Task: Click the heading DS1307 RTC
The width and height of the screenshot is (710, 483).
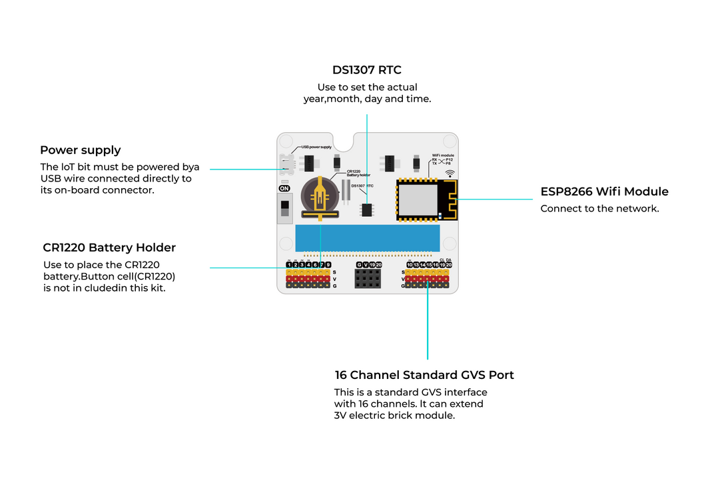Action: tap(366, 70)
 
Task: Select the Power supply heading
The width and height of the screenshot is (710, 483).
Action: tap(80, 150)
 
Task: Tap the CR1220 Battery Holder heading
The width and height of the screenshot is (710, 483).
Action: tap(109, 248)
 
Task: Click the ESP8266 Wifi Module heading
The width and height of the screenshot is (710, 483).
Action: tap(604, 192)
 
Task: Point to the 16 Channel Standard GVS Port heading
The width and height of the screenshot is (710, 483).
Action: tap(424, 375)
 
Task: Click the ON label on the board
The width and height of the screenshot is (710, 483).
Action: tap(284, 189)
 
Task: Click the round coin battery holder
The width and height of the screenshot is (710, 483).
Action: tap(320, 195)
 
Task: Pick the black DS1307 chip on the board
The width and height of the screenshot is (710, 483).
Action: tap(366, 209)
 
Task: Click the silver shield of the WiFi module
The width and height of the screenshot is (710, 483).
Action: tap(418, 199)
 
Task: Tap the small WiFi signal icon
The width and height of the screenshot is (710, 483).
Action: tap(450, 173)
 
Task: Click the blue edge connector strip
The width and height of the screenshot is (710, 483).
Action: tap(367, 238)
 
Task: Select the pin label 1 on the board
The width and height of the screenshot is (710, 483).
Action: tap(289, 265)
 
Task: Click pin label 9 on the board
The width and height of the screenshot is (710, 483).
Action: tap(328, 265)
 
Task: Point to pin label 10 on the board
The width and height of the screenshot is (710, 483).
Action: tap(410, 265)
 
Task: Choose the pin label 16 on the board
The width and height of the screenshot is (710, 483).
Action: tap(436, 265)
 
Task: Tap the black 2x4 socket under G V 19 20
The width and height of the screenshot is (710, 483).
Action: tap(368, 279)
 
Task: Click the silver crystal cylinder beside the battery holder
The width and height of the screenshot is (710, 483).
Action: tap(346, 190)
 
